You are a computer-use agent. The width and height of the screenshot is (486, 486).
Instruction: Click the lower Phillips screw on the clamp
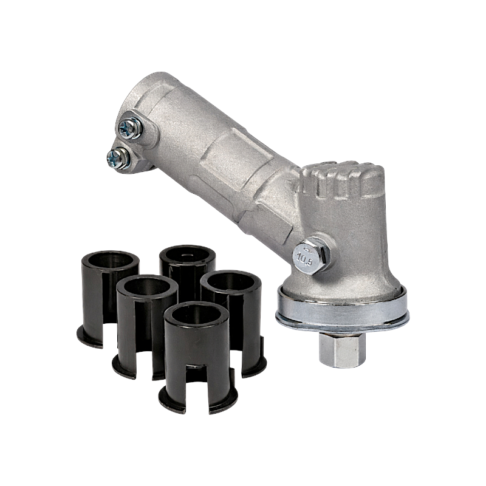point(118,159)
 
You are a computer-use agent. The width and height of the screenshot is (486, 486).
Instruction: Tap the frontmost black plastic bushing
point(198,357)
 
